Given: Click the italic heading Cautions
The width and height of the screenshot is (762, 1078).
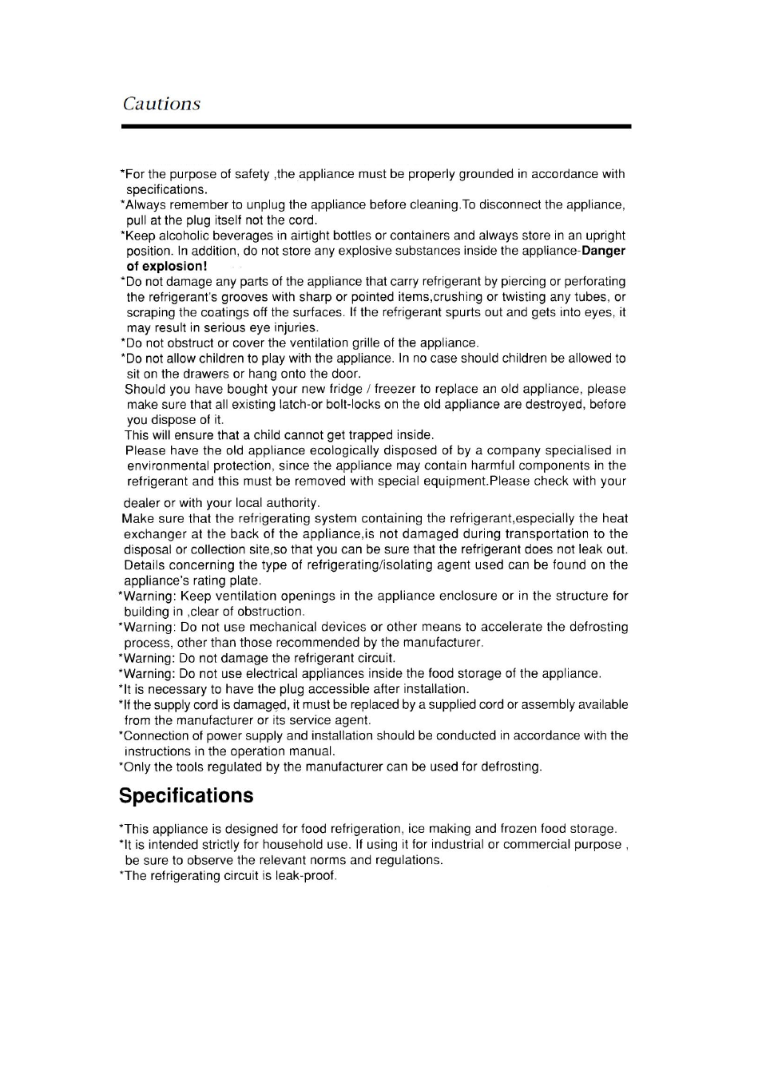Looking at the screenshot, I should [x=161, y=104].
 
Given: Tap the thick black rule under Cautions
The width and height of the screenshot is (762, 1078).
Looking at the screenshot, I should [x=376, y=126].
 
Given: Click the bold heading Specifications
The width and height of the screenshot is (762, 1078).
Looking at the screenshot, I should [x=186, y=795].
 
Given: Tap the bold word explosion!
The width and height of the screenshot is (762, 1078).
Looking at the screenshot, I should [x=175, y=267].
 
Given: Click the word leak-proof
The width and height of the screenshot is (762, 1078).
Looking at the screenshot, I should [x=307, y=876].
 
